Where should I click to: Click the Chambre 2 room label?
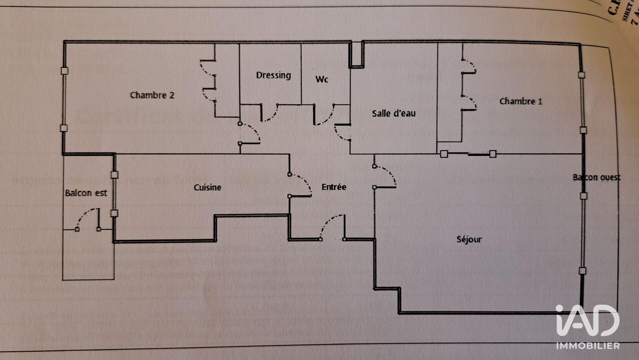(152, 95)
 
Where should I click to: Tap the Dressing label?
(273, 75)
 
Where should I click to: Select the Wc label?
(321, 79)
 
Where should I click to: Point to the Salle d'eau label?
(393, 113)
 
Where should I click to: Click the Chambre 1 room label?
(520, 101)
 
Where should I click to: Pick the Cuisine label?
(207, 187)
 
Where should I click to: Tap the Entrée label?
(333, 187)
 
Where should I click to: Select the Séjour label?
(469, 239)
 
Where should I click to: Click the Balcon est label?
(86, 193)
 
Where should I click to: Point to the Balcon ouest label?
(596, 177)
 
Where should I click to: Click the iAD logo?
(587, 321)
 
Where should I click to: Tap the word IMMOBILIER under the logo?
(588, 346)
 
